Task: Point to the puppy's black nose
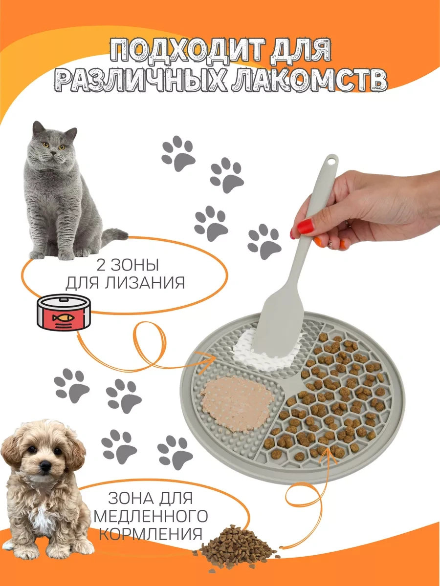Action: pos(45,466)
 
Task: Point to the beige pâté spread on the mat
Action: pos(236,398)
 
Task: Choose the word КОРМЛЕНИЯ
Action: pos(152,534)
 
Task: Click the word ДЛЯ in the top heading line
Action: pos(301,51)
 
